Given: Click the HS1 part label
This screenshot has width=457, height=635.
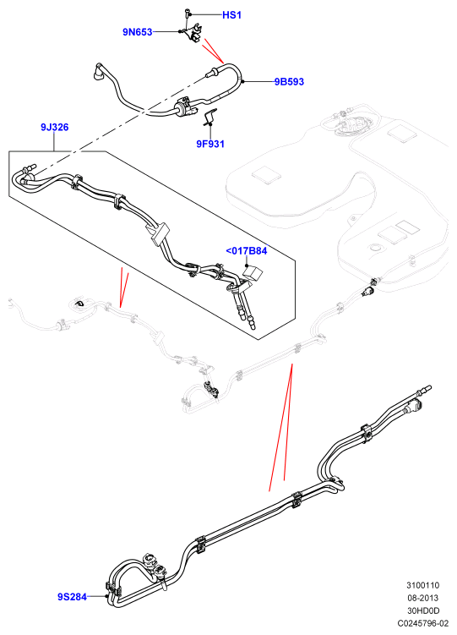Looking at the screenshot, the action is click(x=231, y=15).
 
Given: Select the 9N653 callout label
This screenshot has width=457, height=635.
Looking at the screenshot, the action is click(x=138, y=31).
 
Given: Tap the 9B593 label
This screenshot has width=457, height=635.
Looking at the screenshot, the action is click(x=289, y=81).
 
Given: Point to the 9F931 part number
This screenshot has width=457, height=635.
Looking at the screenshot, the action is click(x=210, y=144).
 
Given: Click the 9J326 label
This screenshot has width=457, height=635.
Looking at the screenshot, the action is click(x=55, y=127).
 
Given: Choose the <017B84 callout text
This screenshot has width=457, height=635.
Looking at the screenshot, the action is click(x=247, y=251).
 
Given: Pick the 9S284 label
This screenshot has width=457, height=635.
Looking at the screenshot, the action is click(x=72, y=596).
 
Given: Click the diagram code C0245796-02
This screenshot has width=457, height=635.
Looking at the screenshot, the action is click(x=423, y=624).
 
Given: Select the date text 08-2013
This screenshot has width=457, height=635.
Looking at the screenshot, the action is click(x=423, y=598).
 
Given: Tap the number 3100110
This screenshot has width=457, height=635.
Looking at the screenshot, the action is click(x=423, y=585).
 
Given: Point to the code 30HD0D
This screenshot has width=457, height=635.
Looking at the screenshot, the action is click(x=423, y=610).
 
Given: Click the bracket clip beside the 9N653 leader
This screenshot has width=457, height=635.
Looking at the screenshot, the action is click(x=193, y=32).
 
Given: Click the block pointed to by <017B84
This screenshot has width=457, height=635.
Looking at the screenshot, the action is click(x=253, y=271).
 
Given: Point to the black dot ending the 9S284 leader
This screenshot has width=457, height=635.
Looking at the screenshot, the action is click(x=106, y=596).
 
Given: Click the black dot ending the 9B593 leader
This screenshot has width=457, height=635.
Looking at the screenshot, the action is click(x=242, y=81).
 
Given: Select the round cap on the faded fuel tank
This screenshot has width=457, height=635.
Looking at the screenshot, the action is click(x=375, y=247).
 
